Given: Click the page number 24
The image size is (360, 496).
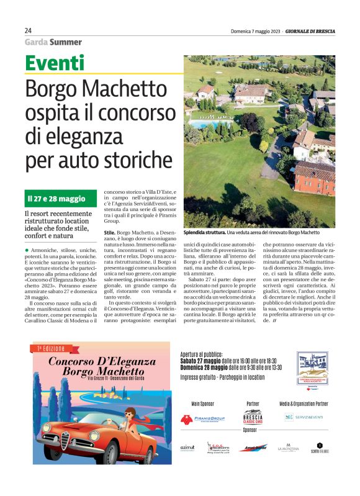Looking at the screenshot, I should [28, 30].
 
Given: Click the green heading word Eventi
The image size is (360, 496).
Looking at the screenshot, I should [55, 63].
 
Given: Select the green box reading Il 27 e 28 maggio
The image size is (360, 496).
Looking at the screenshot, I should [56, 199].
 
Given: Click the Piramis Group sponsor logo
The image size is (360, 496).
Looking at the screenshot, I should [202, 420].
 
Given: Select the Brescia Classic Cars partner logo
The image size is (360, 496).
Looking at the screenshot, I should [253, 417].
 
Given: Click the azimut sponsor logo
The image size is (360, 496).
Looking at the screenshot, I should [187, 447].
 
